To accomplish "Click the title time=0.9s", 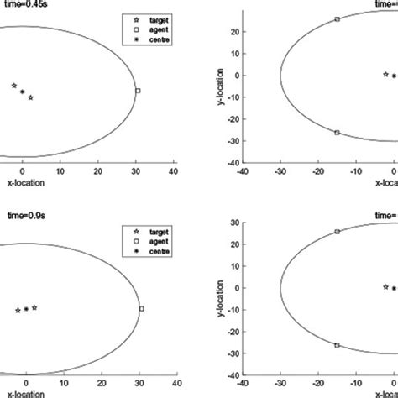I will (x=24, y=216).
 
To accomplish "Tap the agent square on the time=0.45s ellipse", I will (x=138, y=91).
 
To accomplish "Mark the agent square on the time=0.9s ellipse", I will (x=141, y=309).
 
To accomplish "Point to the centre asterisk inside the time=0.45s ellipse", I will (x=22, y=92).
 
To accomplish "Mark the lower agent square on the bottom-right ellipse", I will (x=337, y=345).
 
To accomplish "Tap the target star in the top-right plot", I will (x=385, y=74).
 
